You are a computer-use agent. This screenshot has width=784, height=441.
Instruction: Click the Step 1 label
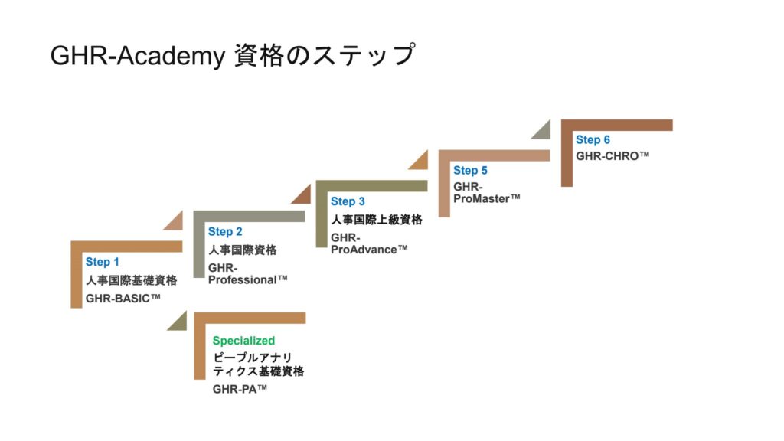102,263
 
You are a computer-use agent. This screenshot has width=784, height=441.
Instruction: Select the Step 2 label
224,232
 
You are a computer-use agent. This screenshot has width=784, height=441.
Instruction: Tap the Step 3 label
348,201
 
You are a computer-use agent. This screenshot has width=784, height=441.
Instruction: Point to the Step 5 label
470,171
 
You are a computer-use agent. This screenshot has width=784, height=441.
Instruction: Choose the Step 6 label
593,140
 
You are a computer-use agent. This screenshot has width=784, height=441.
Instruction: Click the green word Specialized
243,341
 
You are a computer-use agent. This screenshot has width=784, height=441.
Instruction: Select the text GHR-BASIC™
123,299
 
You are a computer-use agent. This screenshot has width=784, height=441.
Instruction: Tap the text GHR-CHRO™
612,155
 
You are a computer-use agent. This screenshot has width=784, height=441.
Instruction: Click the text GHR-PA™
240,389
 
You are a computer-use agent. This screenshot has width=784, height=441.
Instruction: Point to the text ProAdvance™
369,250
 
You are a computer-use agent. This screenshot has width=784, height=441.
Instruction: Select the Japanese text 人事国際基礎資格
131,280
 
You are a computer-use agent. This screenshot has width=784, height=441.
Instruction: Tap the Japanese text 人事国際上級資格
376,220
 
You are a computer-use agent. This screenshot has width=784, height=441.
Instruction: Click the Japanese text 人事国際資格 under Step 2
242,250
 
